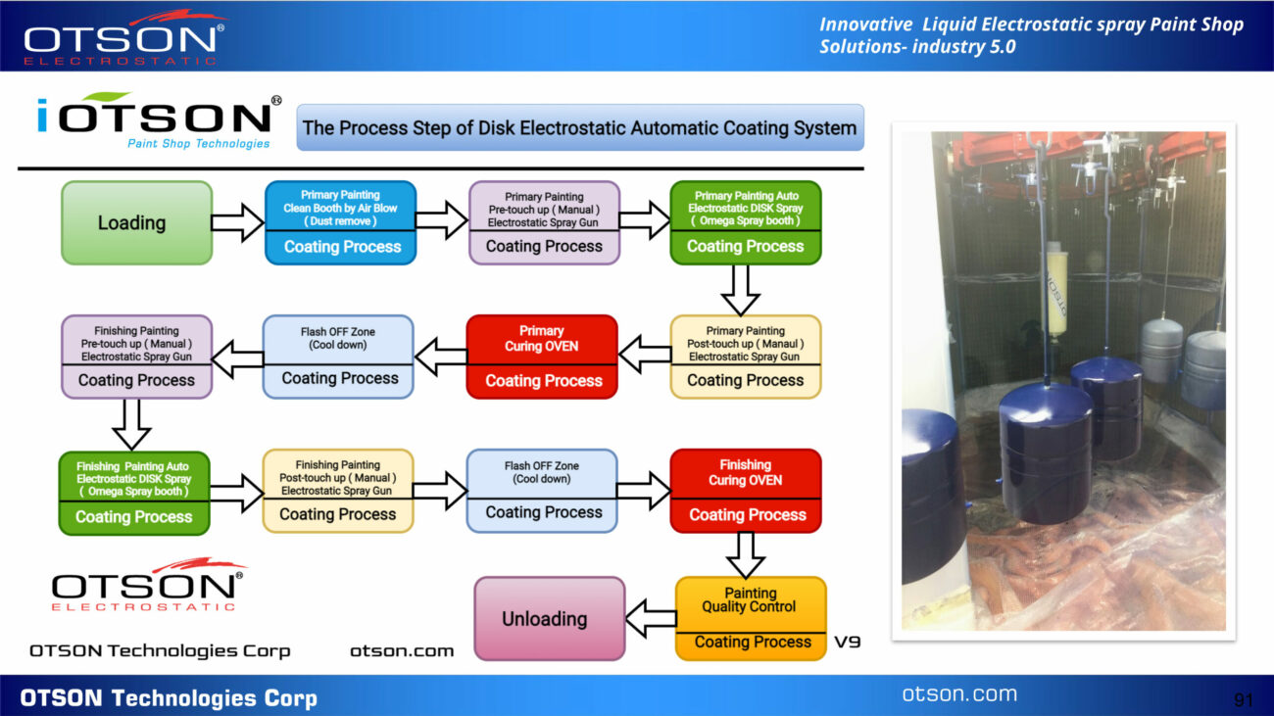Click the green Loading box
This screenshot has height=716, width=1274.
(x=136, y=222)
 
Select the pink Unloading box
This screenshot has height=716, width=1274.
(x=550, y=618)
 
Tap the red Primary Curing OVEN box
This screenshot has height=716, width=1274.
(x=541, y=357)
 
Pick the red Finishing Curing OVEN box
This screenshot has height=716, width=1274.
(x=746, y=491)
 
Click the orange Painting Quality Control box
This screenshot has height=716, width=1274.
(x=751, y=618)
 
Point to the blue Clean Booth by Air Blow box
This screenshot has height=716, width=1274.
(x=341, y=222)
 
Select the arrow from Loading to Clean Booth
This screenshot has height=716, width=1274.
(x=238, y=222)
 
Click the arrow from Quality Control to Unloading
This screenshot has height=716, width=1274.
(x=651, y=618)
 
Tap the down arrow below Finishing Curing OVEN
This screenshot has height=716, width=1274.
(x=746, y=554)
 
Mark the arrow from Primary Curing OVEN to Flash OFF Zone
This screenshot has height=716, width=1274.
(x=441, y=357)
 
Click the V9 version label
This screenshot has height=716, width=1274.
(x=847, y=643)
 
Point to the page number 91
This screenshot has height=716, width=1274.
(x=1245, y=699)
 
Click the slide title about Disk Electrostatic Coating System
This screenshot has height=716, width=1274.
(x=580, y=127)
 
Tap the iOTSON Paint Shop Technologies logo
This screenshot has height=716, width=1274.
(x=158, y=121)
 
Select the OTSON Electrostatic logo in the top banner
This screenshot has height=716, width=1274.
(x=124, y=38)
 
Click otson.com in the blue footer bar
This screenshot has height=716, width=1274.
(x=959, y=693)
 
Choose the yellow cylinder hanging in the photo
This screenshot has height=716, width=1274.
(x=1055, y=288)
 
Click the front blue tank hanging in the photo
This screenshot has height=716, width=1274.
(x=1046, y=453)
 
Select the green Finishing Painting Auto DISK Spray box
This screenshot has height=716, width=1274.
(x=134, y=494)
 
